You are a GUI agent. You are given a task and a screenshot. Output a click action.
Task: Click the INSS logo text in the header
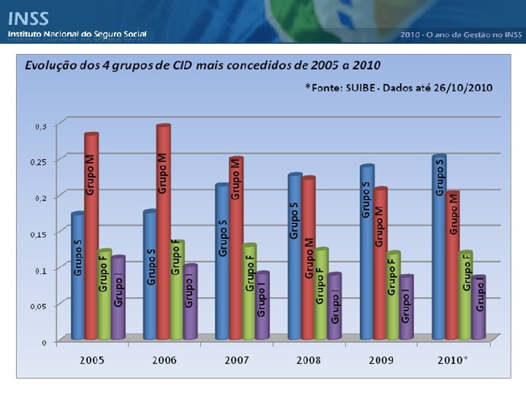point(28,19)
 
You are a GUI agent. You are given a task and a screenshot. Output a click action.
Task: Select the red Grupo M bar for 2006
point(164,232)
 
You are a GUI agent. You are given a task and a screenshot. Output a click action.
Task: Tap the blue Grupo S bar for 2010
point(439,247)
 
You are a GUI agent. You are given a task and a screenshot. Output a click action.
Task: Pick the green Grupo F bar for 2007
point(249,291)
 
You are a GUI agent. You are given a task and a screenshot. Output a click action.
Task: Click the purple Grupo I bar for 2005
point(118,297)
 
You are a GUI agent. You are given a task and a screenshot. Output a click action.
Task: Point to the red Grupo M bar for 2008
point(308,258)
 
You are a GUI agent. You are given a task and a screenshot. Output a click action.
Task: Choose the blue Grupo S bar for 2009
point(367,252)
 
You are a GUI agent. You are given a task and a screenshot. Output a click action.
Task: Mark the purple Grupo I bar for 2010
point(479,307)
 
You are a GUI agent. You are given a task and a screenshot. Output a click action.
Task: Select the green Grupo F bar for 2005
point(105,294)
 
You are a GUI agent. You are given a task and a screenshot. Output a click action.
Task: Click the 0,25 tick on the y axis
point(38,162)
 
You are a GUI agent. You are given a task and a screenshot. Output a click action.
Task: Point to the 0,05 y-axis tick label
point(38,306)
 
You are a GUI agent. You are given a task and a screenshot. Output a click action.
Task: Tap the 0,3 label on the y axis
point(41,126)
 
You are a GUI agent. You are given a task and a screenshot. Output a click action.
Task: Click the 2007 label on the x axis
point(237,360)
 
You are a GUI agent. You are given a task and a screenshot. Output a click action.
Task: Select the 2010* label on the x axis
point(452,360)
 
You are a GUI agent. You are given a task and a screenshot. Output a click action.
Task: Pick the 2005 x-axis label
point(92,360)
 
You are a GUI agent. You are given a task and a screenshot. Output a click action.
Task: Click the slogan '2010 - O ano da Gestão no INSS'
point(461,34)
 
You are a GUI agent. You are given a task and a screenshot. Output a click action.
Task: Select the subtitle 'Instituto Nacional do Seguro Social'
point(77,34)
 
